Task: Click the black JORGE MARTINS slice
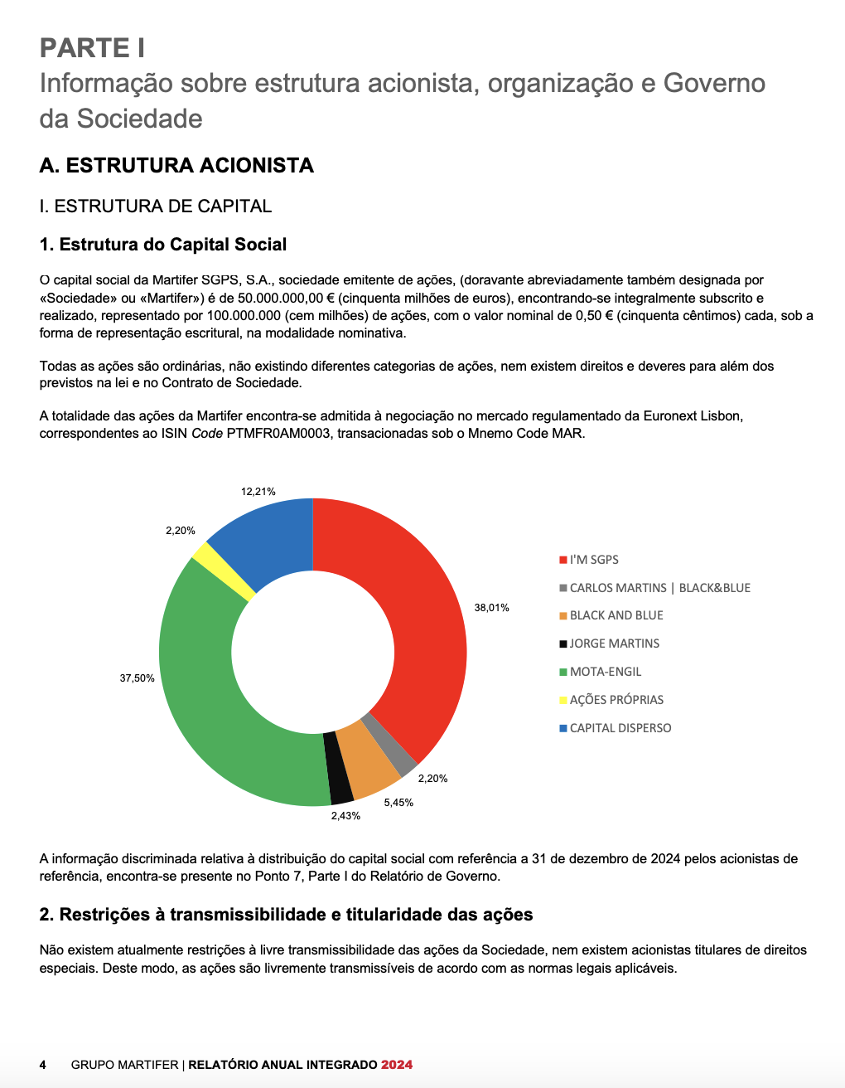coord(337,768)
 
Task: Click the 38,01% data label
coord(491,608)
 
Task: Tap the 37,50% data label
coord(137,678)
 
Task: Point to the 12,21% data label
coord(258,492)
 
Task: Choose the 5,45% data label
coord(398,803)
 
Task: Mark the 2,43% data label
coord(345,816)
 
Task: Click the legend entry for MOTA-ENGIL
coord(606,672)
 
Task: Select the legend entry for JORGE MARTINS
coord(615,644)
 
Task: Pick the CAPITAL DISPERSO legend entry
coord(620,728)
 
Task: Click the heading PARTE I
coord(93,48)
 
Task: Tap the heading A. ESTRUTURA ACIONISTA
coord(176,166)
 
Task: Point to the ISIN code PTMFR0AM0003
coord(278,434)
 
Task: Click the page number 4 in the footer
coord(43,1065)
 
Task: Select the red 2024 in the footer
coord(397,1065)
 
